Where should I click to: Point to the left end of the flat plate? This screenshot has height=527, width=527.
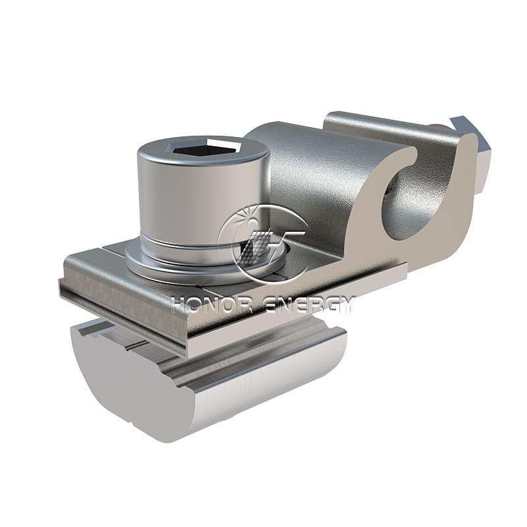pos(66,277)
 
